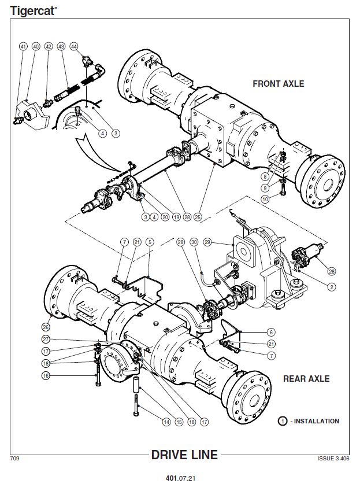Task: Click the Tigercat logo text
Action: (34, 10)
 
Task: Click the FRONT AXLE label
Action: (279, 84)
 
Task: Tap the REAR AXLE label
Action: (306, 379)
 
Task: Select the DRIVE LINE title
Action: (185, 455)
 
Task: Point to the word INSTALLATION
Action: (317, 421)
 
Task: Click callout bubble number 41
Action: (23, 47)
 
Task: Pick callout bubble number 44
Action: (74, 47)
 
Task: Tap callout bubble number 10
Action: (265, 199)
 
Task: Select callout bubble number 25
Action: (198, 217)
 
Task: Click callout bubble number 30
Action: (194, 242)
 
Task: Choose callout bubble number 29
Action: (207, 242)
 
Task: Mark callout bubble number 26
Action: (46, 327)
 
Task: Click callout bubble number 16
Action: (46, 376)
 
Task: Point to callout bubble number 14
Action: (166, 422)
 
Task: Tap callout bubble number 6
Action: (271, 333)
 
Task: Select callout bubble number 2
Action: (332, 287)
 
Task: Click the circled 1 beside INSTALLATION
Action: (283, 421)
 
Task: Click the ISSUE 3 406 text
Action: (333, 459)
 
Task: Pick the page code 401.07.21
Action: (181, 478)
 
